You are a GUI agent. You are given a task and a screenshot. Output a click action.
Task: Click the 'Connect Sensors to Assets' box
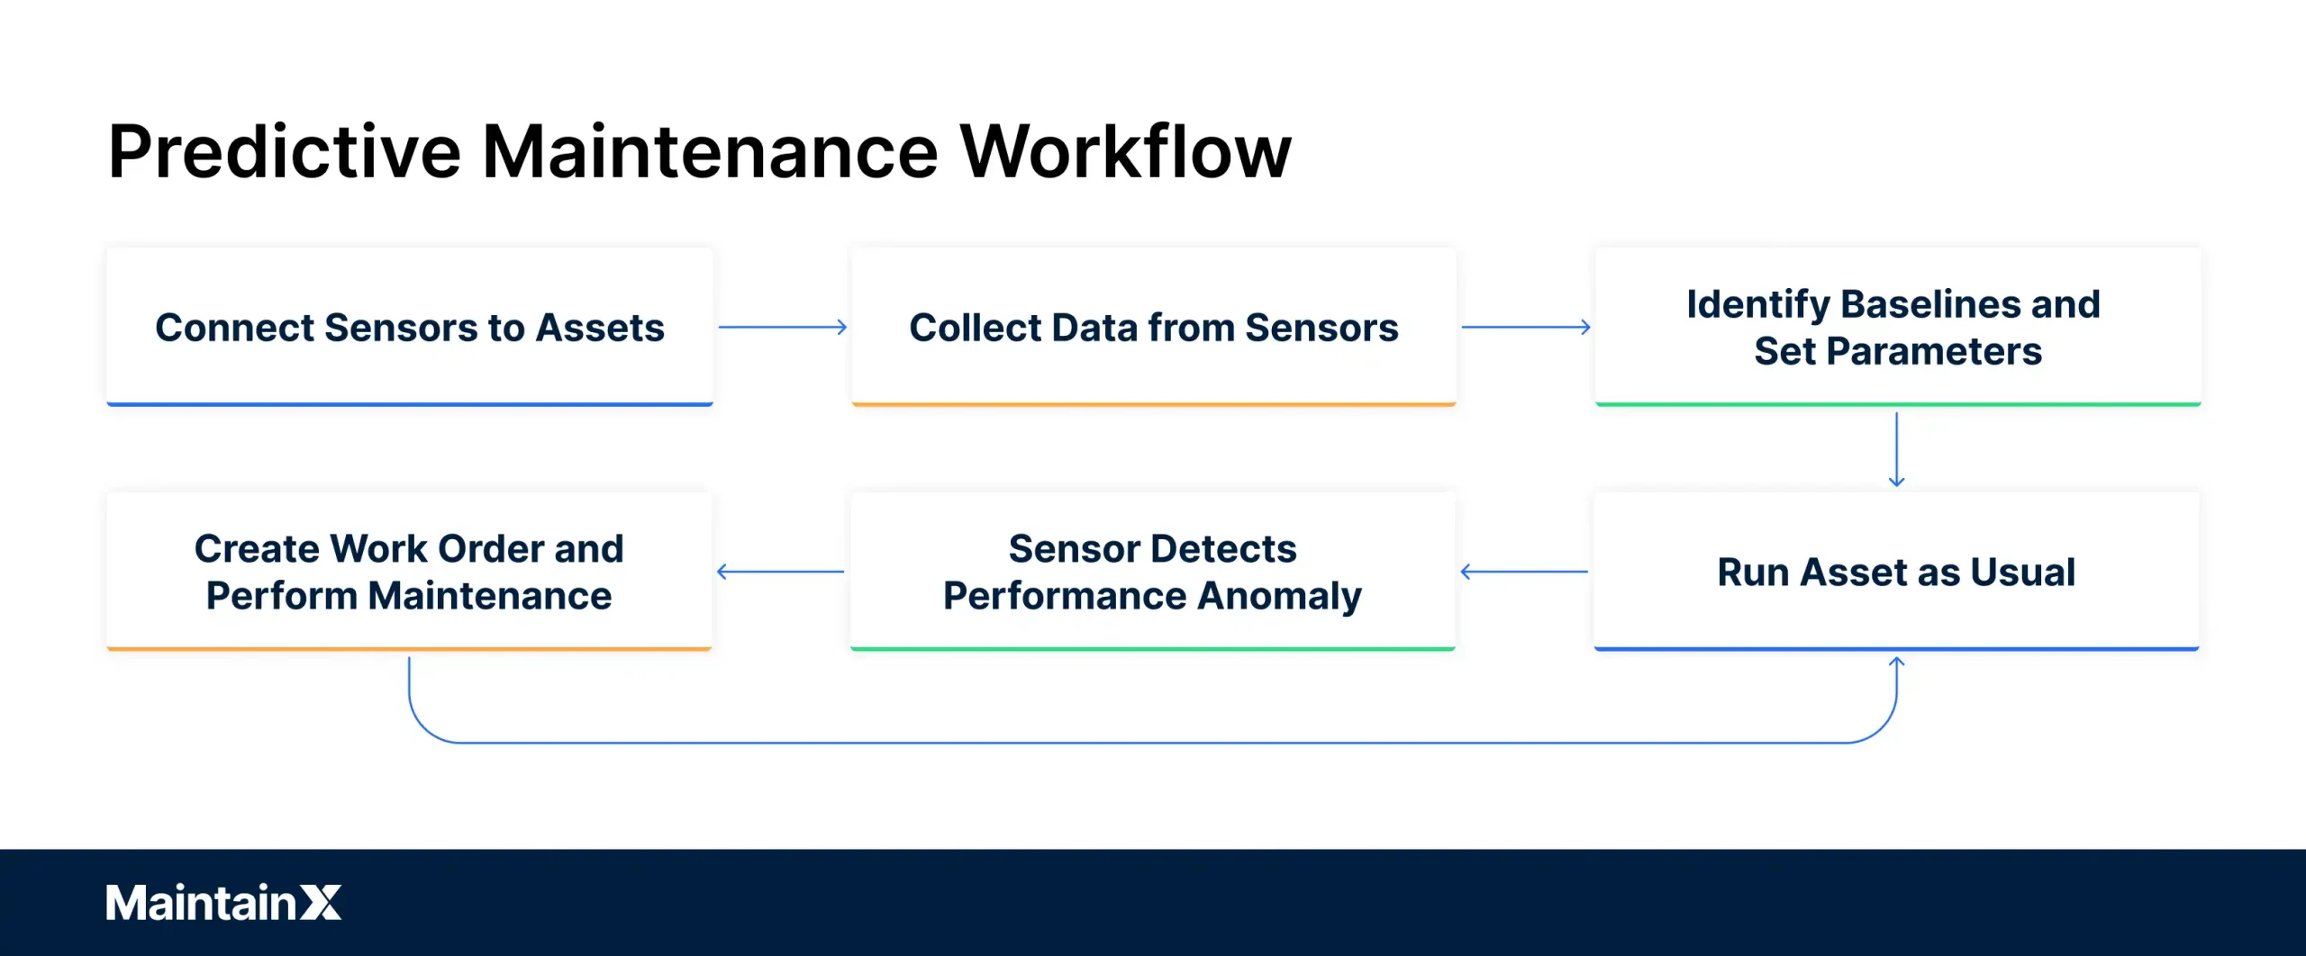(x=410, y=327)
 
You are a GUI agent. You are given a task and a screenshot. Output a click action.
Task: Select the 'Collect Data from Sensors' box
(x=1153, y=327)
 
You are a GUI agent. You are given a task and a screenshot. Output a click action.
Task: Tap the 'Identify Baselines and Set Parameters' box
(x=1897, y=327)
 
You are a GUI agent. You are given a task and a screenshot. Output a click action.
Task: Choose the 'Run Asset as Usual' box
(x=1896, y=572)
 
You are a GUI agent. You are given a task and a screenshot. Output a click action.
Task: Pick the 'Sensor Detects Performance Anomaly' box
(x=1152, y=572)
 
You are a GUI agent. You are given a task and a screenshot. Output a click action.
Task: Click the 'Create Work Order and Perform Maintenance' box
(x=409, y=572)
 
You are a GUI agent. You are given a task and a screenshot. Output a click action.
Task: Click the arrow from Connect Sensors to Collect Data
(x=782, y=327)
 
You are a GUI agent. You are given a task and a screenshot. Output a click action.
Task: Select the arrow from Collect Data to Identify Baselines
(x=1525, y=327)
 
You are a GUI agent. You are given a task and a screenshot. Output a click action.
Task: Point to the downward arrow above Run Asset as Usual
(x=1896, y=449)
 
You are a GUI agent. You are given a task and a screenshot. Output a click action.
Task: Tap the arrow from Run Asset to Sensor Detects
(x=1524, y=572)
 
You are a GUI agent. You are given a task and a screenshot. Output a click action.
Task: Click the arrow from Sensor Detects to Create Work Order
(x=781, y=572)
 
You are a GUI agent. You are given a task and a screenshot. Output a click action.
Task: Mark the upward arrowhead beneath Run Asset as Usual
(x=1896, y=663)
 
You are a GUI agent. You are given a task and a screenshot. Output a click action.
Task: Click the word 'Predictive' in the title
(x=285, y=151)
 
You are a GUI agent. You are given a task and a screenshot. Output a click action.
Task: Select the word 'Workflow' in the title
(x=1125, y=151)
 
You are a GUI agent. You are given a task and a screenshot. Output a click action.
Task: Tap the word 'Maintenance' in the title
(x=710, y=151)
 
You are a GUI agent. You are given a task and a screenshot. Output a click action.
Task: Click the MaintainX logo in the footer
(x=223, y=902)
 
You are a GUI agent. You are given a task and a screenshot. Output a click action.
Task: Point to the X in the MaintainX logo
(x=320, y=902)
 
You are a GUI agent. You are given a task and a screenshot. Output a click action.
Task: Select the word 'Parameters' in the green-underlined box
(x=1933, y=351)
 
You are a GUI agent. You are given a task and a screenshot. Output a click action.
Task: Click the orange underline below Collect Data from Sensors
(x=1153, y=404)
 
